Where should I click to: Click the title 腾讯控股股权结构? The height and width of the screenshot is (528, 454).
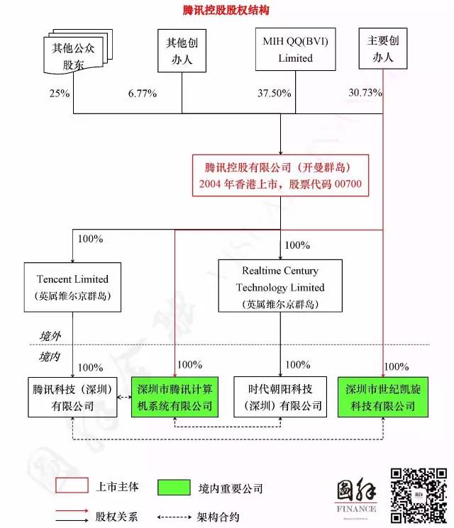[226, 11]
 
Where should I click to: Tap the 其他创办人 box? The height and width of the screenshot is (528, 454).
[182, 51]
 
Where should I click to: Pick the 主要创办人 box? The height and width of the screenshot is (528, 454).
[383, 50]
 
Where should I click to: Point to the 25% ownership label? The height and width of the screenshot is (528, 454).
[60, 94]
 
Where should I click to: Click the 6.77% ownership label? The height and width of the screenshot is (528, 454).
[143, 94]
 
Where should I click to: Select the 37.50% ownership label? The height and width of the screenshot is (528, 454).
[272, 94]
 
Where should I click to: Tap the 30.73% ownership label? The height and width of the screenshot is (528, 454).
[366, 93]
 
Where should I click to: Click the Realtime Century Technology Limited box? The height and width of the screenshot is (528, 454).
[280, 286]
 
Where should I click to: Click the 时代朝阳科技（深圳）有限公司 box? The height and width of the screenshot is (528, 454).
[280, 397]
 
